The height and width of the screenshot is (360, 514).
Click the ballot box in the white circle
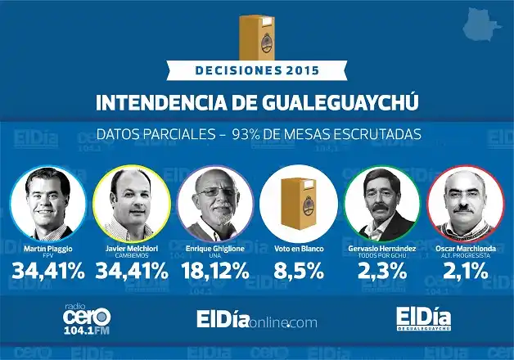[298, 202]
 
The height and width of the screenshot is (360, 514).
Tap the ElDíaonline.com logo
[256, 321]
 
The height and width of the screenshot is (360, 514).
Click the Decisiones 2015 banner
[256, 70]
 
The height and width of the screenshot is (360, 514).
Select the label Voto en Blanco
[298, 247]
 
